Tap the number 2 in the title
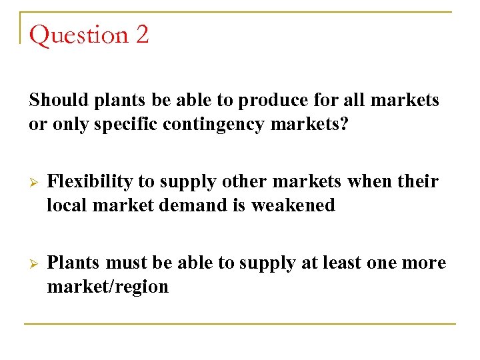pos(141,35)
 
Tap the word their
pos(417,181)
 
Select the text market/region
pos(107,287)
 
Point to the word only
pos(64,125)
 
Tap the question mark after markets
pos(343,125)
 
